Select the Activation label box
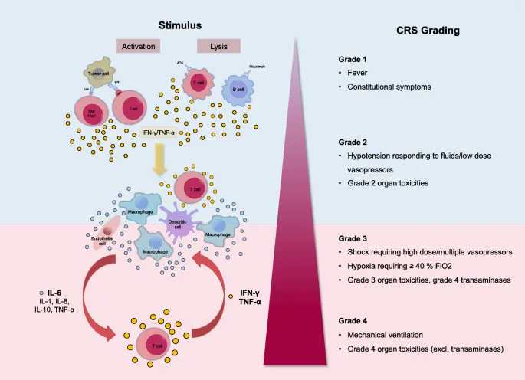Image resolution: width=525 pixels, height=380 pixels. click(x=139, y=46)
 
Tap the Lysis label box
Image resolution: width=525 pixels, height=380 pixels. click(x=218, y=46)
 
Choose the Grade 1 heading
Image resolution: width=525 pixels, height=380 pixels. click(x=353, y=60)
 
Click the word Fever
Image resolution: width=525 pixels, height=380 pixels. click(x=366, y=74)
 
